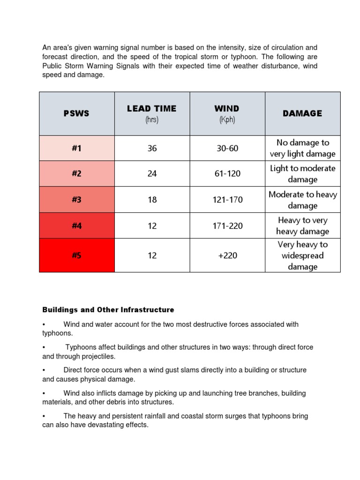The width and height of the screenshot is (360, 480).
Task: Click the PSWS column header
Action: pyautogui.click(x=77, y=113)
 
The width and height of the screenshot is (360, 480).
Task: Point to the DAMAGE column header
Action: pyautogui.click(x=302, y=113)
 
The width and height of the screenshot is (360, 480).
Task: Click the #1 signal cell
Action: pyautogui.click(x=77, y=148)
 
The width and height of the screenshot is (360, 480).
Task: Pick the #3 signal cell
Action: pyautogui.click(x=77, y=200)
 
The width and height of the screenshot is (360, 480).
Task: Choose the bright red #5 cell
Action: pyautogui.click(x=77, y=255)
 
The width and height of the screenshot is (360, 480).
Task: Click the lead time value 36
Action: pyautogui.click(x=152, y=148)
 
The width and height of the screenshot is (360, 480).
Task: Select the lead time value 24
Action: pyautogui.click(x=152, y=173)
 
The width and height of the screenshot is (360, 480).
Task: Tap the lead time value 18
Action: pyautogui.click(x=152, y=200)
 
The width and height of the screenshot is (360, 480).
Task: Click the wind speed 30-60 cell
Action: pyautogui.click(x=227, y=148)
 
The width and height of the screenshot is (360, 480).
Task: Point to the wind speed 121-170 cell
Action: pyautogui.click(x=227, y=200)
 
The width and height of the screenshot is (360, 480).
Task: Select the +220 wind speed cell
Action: pyautogui.click(x=227, y=255)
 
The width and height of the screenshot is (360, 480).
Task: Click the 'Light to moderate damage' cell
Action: pyautogui.click(x=302, y=173)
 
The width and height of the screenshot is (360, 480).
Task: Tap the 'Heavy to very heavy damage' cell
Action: pyautogui.click(x=302, y=225)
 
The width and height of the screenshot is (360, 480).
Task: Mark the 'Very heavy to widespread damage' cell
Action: pyautogui.click(x=302, y=255)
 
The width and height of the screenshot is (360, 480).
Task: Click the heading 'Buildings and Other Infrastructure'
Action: pyautogui.click(x=108, y=310)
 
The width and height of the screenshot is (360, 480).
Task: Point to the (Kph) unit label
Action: pyautogui.click(x=227, y=120)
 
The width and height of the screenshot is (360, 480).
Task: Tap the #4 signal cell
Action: pyautogui.click(x=77, y=225)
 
